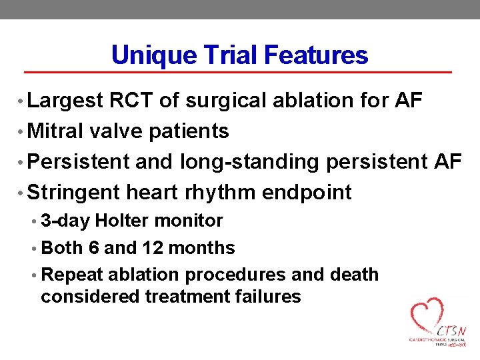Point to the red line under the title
click(x=238, y=71)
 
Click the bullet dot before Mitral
click(x=23, y=132)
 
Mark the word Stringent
click(x=74, y=193)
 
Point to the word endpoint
click(x=307, y=193)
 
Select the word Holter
click(x=122, y=221)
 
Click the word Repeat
click(x=71, y=275)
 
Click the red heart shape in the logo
click(x=427, y=314)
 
